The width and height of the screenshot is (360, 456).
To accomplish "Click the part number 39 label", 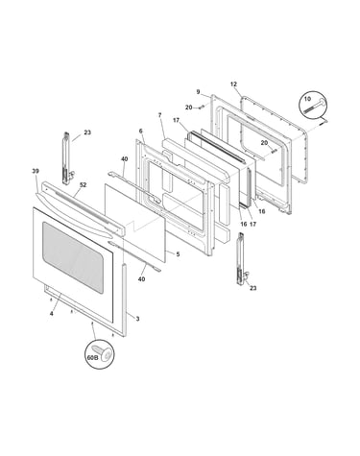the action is [36, 171].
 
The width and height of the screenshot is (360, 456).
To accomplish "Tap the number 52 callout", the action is [84, 185].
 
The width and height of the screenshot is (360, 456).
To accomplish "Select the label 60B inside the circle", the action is [92, 358].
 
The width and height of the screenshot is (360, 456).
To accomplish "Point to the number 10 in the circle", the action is [307, 99].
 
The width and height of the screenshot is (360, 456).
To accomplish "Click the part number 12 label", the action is [233, 84].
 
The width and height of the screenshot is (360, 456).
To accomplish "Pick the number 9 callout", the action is [198, 92].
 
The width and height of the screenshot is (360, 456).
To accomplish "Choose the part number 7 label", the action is [159, 114].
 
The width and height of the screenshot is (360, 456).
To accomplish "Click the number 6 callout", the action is [140, 131].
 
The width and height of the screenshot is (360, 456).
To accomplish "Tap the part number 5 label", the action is [178, 254].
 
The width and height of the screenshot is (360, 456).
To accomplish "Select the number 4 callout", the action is [51, 314].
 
